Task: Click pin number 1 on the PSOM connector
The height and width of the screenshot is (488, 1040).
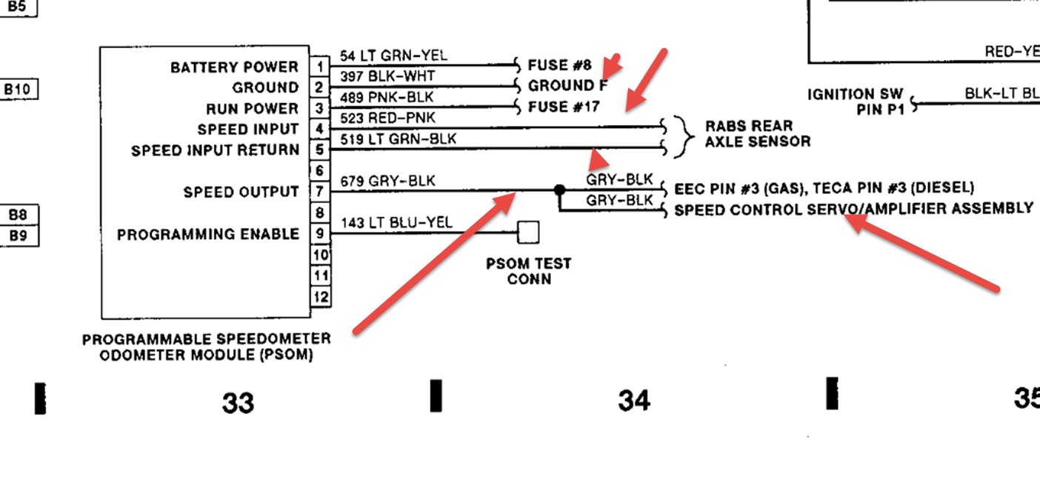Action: [319, 67]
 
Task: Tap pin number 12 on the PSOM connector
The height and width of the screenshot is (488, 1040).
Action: [319, 297]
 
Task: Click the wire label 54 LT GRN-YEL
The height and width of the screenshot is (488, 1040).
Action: [393, 56]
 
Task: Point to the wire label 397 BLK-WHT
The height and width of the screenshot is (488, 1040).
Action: [387, 76]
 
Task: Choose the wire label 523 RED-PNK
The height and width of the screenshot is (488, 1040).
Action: [387, 118]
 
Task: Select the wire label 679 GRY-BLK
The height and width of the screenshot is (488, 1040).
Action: [387, 181]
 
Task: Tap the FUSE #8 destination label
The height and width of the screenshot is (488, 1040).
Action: [559, 65]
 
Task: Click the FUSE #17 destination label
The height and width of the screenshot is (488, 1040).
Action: [563, 107]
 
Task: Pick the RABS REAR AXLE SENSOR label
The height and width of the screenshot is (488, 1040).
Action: [757, 133]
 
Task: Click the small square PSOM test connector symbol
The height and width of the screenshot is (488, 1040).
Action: [528, 233]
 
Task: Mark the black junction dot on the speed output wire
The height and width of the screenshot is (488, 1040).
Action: [560, 190]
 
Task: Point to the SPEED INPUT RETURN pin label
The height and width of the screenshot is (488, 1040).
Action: [215, 150]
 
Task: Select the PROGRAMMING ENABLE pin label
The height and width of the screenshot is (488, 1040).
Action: [208, 234]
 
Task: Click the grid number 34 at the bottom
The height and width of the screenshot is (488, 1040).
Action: [635, 401]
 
